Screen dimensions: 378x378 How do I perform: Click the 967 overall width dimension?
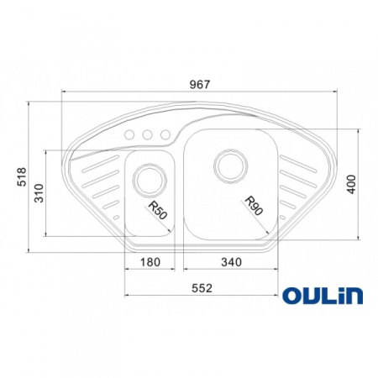(x=199, y=83)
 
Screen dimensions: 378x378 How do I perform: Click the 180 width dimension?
(x=149, y=262)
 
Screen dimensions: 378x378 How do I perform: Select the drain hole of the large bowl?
(x=228, y=164)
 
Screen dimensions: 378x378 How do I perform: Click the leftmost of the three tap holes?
(x=130, y=134)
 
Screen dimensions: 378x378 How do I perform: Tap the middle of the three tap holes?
(x=146, y=134)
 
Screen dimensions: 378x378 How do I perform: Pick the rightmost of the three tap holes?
(x=162, y=134)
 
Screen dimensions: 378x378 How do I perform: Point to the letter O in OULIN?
(x=291, y=296)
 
